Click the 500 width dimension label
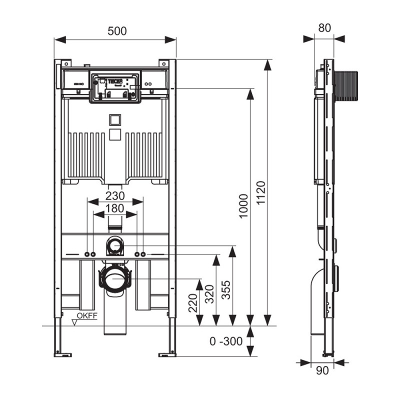click(117, 31)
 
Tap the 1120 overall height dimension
click(261, 192)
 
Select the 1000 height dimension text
click(243, 206)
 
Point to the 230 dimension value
click(115, 196)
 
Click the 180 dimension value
click(115, 208)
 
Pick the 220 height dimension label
click(193, 303)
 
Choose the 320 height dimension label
click(209, 294)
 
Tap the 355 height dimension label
click(226, 290)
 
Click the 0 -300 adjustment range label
click(226, 341)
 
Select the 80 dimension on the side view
click(324, 28)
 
